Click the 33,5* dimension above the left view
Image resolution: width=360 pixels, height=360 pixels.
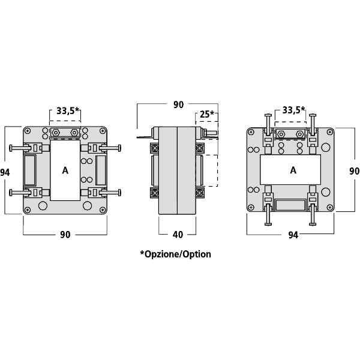[x=68, y=111]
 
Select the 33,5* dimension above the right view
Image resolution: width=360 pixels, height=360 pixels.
[x=293, y=110]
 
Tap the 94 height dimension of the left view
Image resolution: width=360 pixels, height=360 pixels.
[x=5, y=172]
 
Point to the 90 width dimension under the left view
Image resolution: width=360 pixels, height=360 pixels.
[x=65, y=235]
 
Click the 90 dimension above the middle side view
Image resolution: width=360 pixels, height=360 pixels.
[x=178, y=105]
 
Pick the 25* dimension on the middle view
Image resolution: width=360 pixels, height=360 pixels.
[x=206, y=115]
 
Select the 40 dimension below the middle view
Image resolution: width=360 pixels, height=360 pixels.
[x=177, y=235]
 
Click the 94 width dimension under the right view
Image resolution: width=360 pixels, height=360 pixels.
[x=292, y=235]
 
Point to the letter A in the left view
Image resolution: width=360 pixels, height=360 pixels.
[x=65, y=170]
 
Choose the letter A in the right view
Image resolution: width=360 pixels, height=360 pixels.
[x=293, y=170]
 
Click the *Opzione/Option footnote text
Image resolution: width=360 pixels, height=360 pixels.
[x=175, y=254]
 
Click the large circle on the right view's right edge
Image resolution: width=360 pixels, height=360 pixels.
[x=325, y=148]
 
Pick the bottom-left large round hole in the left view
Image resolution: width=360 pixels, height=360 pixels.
[x=43, y=205]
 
